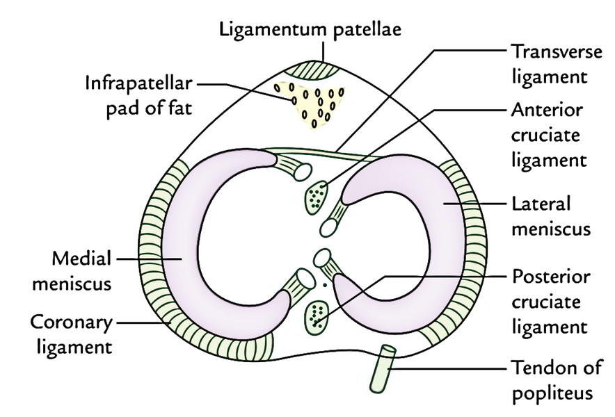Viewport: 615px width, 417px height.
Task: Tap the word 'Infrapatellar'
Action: point(138,84)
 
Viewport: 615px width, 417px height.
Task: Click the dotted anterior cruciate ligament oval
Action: point(318,197)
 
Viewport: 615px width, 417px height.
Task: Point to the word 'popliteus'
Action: point(552,392)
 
